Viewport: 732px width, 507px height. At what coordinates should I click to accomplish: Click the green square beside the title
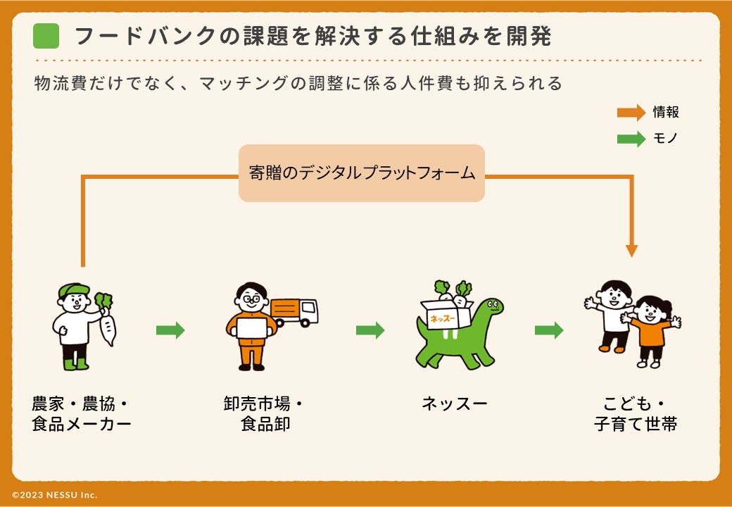46,36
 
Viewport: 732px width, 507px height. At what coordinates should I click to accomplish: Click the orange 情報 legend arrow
631,113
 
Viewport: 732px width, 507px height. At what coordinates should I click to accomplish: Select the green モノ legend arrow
631,139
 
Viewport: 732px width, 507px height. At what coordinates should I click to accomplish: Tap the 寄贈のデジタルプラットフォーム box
362,173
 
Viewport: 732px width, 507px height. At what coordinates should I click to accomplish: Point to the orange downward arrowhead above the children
631,250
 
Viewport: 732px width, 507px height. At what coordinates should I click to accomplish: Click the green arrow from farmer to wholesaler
170,330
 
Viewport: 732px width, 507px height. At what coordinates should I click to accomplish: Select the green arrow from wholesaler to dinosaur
370,330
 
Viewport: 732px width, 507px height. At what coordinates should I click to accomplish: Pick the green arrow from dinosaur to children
549,330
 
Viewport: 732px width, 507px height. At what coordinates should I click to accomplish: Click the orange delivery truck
294,312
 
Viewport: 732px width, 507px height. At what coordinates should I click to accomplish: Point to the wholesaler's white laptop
253,328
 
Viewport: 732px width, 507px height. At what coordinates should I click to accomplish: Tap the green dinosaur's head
491,307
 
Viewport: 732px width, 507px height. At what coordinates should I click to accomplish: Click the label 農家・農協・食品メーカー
82,414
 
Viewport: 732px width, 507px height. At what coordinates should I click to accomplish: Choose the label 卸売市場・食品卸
263,414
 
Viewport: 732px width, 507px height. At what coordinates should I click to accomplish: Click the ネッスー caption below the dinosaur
455,403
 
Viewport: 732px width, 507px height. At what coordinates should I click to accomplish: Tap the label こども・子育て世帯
635,414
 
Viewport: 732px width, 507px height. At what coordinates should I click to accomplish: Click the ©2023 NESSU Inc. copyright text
55,495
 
